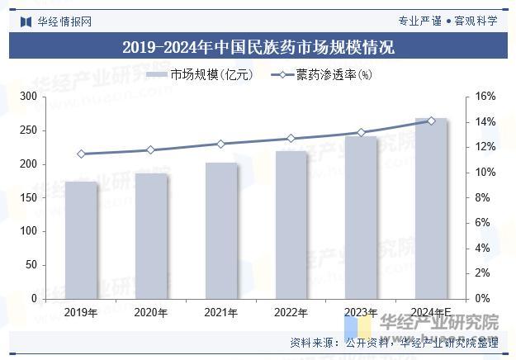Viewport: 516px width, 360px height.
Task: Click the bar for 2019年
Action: tap(81, 239)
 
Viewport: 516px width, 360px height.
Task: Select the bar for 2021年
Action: tap(221, 230)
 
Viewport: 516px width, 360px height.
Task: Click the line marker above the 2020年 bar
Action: tap(150, 150)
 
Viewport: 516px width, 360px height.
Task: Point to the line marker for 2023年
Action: tap(361, 132)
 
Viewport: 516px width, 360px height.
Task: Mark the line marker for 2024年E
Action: tap(431, 121)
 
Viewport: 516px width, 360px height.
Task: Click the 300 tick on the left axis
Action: tap(28, 97)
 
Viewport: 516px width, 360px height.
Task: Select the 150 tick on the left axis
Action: tap(28, 197)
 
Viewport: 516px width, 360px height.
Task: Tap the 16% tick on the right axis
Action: tap(485, 97)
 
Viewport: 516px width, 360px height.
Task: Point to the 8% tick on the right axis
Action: tap(485, 197)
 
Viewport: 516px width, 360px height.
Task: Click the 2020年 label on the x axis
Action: tap(150, 313)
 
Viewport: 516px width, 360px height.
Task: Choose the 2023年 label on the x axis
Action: tap(361, 313)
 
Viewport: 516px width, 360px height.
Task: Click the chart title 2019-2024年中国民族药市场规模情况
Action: tap(258, 48)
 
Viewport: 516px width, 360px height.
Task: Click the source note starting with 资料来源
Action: tap(394, 342)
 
